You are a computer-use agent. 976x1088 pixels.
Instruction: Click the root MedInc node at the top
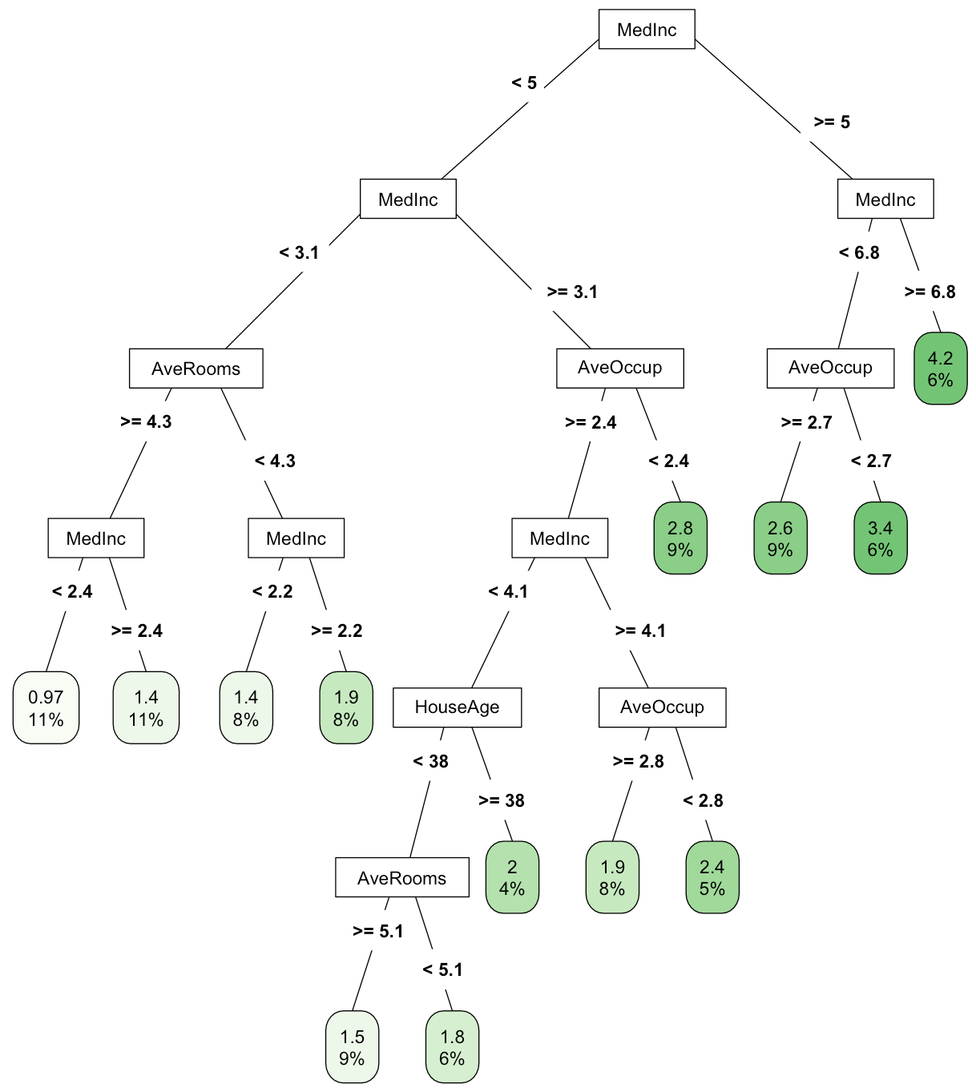[647, 30]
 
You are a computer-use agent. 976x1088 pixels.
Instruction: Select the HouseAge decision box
[457, 707]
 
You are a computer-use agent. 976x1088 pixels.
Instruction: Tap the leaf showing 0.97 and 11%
[46, 707]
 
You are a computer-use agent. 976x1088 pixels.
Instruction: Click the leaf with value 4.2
[940, 369]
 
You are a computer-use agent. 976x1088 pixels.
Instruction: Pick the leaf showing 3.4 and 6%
[880, 538]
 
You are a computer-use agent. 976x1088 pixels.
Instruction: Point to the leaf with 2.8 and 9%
[680, 538]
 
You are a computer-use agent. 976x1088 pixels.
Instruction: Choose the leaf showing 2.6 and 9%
[780, 538]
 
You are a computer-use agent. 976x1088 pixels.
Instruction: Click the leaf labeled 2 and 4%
[512, 877]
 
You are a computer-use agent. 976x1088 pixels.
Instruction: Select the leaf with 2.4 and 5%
[712, 877]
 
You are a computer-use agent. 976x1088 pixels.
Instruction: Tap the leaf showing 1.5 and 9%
[352, 1047]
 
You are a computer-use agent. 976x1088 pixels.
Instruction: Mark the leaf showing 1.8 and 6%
[452, 1047]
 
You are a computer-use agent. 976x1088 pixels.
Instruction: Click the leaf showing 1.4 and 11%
[146, 707]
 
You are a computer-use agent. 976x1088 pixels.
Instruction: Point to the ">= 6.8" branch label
[930, 292]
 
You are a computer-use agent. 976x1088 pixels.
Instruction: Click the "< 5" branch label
[524, 83]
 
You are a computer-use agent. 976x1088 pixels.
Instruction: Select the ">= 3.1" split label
[572, 292]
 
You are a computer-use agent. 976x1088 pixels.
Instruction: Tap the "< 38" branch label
[430, 761]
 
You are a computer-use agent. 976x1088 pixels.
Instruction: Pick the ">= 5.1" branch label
[377, 931]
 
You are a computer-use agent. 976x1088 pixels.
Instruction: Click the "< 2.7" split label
[871, 461]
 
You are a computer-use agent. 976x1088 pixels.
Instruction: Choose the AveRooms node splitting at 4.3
[196, 369]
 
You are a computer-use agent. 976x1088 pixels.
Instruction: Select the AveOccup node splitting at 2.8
[662, 707]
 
